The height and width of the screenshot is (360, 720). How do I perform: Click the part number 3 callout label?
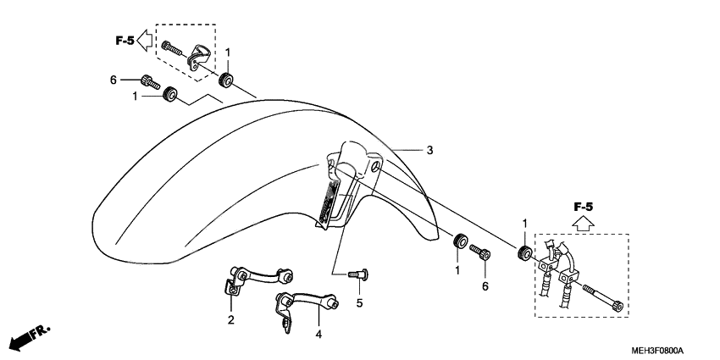point(429,151)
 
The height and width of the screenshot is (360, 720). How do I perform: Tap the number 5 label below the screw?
point(359,302)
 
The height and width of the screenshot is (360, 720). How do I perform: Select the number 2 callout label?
point(230,319)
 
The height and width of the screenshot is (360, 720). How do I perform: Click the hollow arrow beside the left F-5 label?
point(144,38)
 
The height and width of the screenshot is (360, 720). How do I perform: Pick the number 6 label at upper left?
point(113,80)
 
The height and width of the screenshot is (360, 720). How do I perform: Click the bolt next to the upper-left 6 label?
point(150,80)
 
